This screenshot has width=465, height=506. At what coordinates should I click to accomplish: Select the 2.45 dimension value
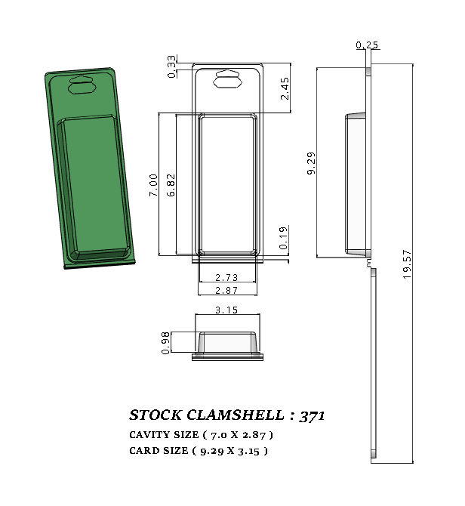[285, 88]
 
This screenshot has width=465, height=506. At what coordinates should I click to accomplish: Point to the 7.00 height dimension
[153, 185]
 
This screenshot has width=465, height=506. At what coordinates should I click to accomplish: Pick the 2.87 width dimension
[227, 291]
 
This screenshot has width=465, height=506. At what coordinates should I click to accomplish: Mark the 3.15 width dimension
[227, 310]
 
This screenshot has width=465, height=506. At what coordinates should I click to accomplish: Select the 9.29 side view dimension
[311, 163]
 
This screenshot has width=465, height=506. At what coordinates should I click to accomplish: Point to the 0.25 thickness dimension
[367, 45]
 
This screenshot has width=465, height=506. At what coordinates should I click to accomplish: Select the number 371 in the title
[312, 415]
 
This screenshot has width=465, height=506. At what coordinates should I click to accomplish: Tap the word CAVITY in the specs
[149, 435]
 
